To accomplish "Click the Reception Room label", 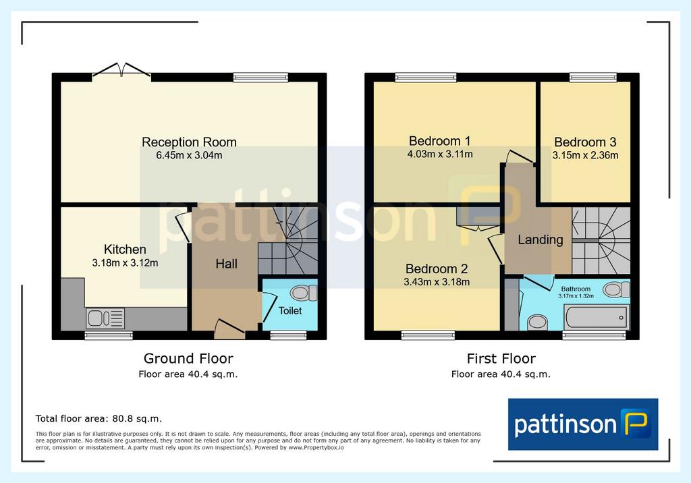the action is click(189, 142).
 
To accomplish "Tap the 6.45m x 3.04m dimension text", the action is click(189, 155).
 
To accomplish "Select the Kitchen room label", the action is click(125, 250).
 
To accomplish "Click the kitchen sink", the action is click(105, 318).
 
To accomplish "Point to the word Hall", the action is click(227, 264).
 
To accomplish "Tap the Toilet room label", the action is click(290, 311).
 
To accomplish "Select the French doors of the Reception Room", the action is click(121, 72).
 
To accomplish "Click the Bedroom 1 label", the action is click(440, 141).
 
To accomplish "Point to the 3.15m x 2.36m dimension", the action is click(585, 155).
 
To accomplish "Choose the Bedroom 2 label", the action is click(437, 269).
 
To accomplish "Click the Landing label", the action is click(541, 239).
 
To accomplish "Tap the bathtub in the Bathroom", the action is click(596, 317).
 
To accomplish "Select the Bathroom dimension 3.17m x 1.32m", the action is click(576, 296).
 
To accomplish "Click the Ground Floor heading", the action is click(188, 359).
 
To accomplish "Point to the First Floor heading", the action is click(501, 359).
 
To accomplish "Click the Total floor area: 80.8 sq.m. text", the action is click(99, 419).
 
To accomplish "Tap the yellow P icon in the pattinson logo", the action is click(636, 422).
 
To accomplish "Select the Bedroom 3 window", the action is click(592, 78).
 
